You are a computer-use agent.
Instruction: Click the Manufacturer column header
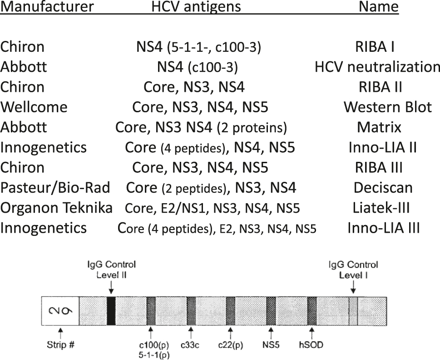47,7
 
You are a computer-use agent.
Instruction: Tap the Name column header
378,7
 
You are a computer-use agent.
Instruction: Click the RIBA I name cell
379,47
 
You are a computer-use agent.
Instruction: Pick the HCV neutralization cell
377,67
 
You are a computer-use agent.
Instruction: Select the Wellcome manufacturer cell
34,107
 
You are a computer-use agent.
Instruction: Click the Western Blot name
387,107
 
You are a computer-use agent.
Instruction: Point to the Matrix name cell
379,127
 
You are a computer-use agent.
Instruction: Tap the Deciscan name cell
383,187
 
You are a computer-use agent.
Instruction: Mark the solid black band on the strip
111,310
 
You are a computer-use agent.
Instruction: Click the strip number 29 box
60,310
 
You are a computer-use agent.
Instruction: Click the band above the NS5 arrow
271,310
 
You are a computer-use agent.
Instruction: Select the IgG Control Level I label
353,269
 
